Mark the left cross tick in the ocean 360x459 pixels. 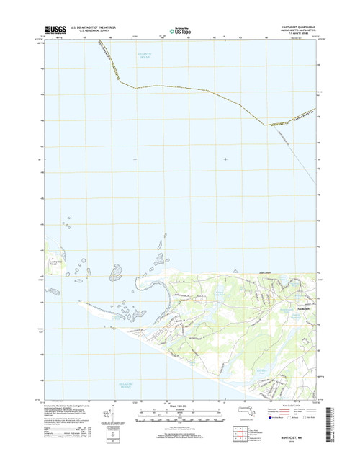tap(134, 159)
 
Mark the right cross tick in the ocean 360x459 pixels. tap(225, 159)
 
